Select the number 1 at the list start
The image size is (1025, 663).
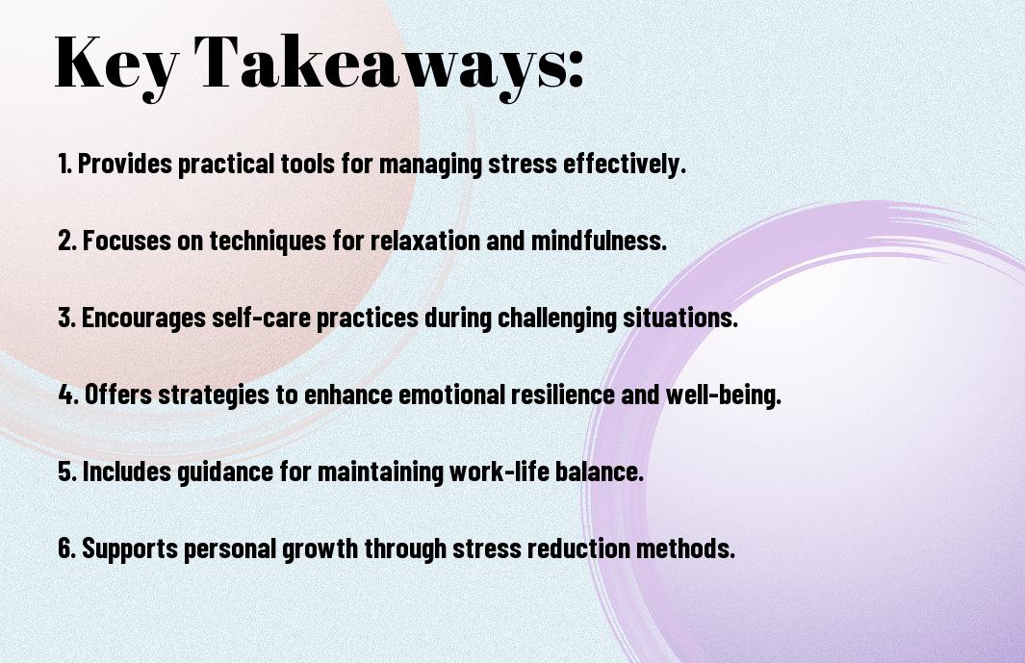(x=64, y=164)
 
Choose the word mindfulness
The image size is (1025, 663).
(x=599, y=241)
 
